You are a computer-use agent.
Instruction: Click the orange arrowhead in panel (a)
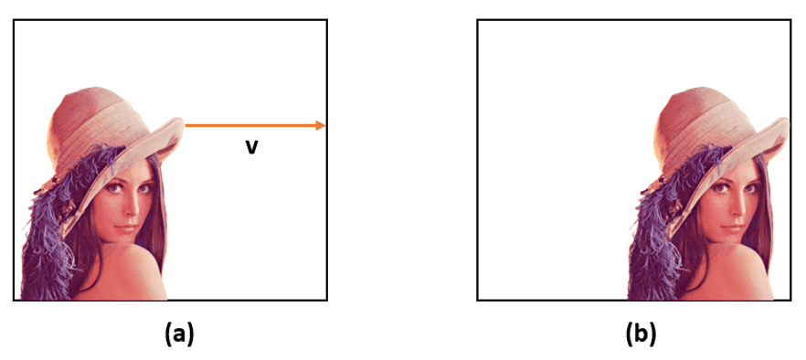[x=321, y=125]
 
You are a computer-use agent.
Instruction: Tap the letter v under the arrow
[x=250, y=146]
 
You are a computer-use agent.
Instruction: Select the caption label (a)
[x=177, y=334]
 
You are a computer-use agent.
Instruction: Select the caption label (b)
[x=640, y=334]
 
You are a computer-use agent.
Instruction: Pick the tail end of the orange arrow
[x=187, y=125]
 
